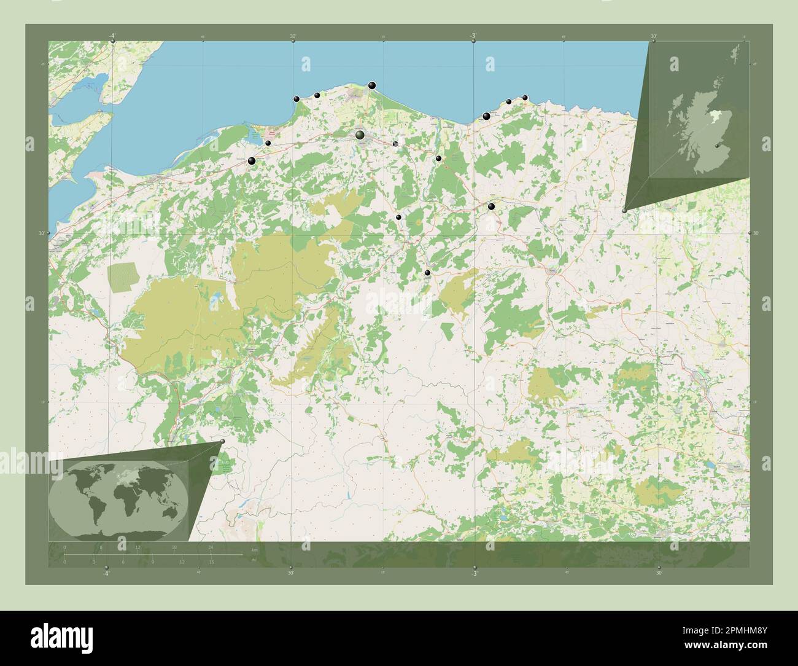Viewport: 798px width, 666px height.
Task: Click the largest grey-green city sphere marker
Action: [360, 135]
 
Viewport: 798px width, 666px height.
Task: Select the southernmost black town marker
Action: [428, 272]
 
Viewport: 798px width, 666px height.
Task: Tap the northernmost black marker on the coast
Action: [372, 85]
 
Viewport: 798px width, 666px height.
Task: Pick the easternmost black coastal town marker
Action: [525, 98]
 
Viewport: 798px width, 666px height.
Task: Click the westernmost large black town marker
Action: [252, 161]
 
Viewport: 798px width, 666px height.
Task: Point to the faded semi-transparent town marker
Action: [395, 144]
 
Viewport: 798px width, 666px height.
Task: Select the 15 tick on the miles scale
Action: [211, 562]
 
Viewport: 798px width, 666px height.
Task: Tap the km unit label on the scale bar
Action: [254, 549]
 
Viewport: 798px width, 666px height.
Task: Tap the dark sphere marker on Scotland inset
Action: [717, 145]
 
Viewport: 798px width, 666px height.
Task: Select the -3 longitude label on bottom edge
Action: [473, 573]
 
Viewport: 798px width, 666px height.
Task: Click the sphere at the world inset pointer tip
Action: [222, 441]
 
